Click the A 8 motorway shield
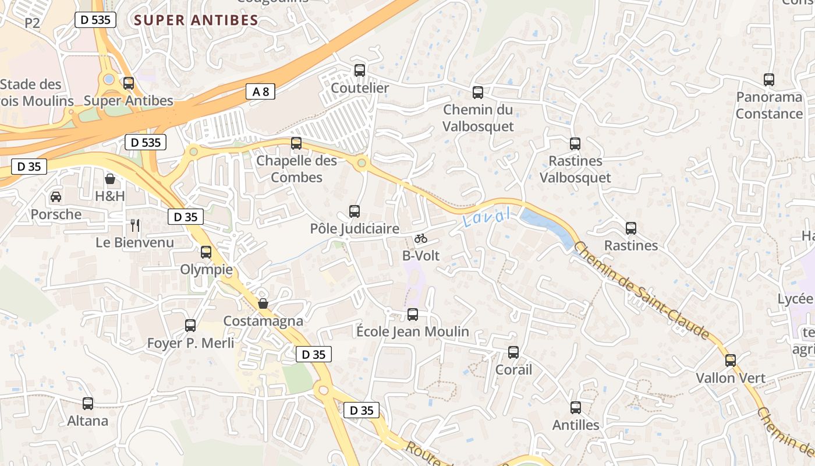(260, 91)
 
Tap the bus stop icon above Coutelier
(360, 70)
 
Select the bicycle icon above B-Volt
(421, 238)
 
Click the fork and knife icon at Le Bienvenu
(135, 225)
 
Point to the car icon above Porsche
(56, 197)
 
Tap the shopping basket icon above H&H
(109, 178)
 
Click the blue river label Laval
(487, 218)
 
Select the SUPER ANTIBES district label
(196, 20)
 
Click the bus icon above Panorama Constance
(769, 80)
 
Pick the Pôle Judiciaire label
(355, 229)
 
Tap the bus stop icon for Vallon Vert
(731, 361)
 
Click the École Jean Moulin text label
(412, 331)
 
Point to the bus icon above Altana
(88, 403)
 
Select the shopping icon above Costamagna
(263, 303)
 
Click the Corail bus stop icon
(513, 352)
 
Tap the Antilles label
(576, 425)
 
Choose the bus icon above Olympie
(206, 252)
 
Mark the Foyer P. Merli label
(190, 343)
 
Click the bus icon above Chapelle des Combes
(296, 143)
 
